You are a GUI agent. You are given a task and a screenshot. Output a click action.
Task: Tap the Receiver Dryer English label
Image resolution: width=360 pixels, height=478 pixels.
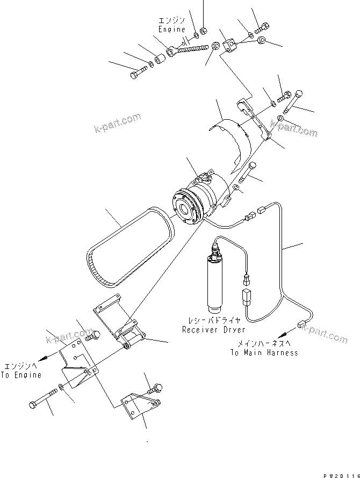[x=213, y=329]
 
